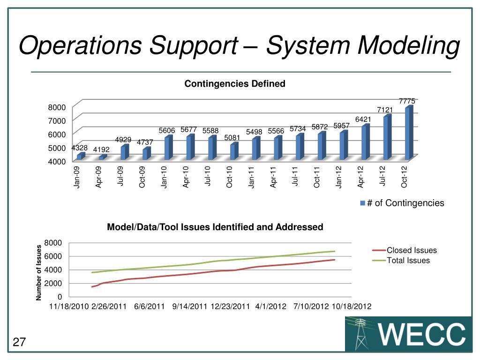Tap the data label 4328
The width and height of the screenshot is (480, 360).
point(79,148)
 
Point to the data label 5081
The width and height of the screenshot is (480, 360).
point(232,138)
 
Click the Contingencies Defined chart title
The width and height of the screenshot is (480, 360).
point(235,84)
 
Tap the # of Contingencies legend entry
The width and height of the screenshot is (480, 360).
point(402,203)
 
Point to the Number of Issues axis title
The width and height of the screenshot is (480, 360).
point(39,272)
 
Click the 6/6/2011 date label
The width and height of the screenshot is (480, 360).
point(149,307)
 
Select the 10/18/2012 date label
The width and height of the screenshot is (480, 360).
point(352,307)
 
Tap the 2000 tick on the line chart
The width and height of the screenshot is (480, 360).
point(53,283)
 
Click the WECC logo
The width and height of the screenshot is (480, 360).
point(408,334)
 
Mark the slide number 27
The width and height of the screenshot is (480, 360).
point(19,343)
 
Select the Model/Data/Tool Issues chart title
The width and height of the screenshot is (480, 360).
point(215,227)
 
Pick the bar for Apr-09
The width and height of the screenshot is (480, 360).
point(102,157)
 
